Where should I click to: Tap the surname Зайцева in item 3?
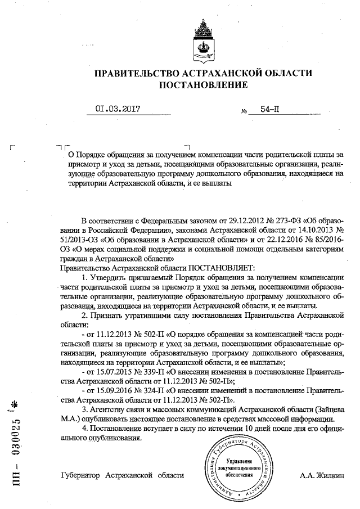coord(329,408)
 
